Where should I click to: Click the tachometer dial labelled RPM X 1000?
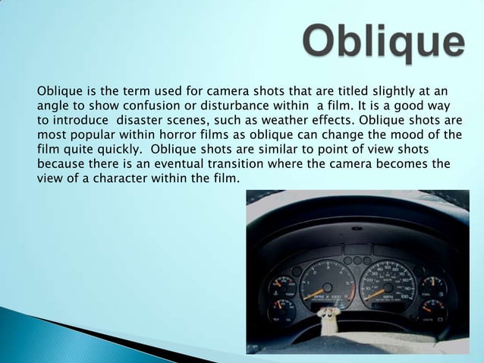[x=327, y=285]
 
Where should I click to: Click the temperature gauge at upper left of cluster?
[x=280, y=286]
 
